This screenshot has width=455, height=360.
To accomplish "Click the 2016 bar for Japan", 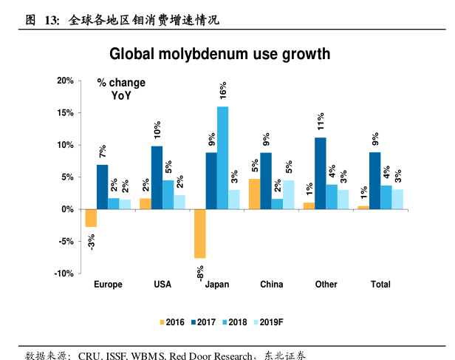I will pyautogui.click(x=199, y=234).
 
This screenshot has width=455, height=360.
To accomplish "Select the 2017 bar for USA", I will pyautogui.click(x=157, y=177).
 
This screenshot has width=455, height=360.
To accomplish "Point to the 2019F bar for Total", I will pyautogui.click(x=397, y=199).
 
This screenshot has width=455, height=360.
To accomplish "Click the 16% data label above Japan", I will pyautogui.click(x=222, y=91).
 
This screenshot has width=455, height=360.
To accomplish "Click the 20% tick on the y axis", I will pyautogui.click(x=65, y=81).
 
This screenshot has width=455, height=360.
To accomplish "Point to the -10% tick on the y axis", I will pyautogui.click(x=64, y=274).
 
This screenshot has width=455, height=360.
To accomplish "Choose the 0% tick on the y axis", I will pyautogui.click(x=66, y=209).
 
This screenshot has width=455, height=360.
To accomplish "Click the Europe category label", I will pyautogui.click(x=108, y=285).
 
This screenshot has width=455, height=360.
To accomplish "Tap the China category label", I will pyautogui.click(x=271, y=285).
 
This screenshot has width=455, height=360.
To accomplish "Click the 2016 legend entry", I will pyautogui.click(x=171, y=322).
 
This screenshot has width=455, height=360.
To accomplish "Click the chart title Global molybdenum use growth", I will pyautogui.click(x=219, y=54).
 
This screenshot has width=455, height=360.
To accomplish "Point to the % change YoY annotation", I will pyautogui.click(x=122, y=89).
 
